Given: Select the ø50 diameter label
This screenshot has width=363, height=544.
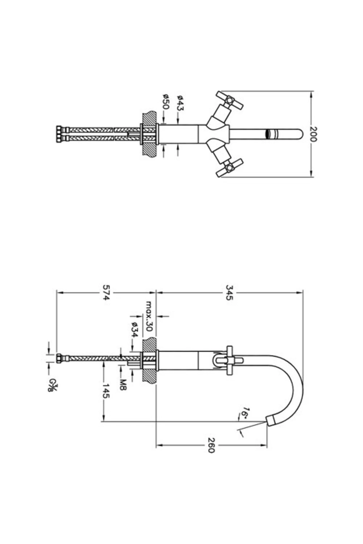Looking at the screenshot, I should point(166,102).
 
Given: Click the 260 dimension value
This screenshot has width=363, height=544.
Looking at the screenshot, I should point(211,445).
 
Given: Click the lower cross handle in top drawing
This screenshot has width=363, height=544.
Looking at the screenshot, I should point(230,167).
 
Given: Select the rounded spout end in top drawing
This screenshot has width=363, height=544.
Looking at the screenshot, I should point(299,134).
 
